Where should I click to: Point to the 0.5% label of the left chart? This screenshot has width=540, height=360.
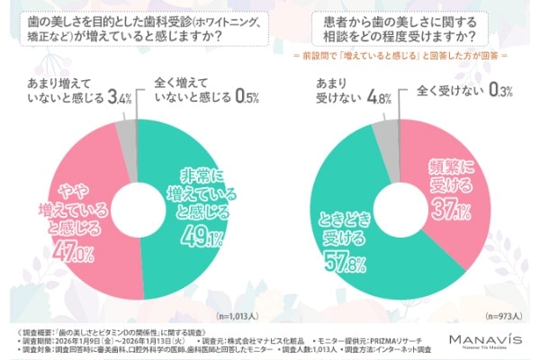244,95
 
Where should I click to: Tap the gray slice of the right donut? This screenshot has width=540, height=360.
384,137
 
